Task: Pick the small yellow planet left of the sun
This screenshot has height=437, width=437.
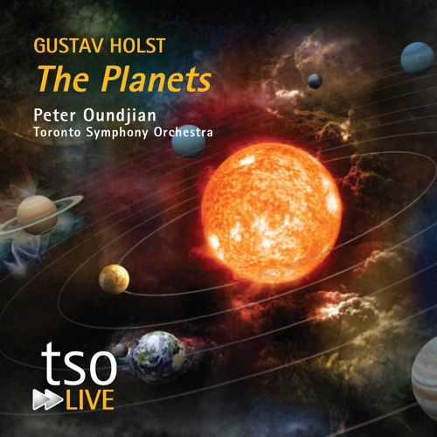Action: click(x=114, y=279)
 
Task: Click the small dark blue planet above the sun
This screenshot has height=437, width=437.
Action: click(x=315, y=80)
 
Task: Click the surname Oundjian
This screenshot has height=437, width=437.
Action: click(x=125, y=114)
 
